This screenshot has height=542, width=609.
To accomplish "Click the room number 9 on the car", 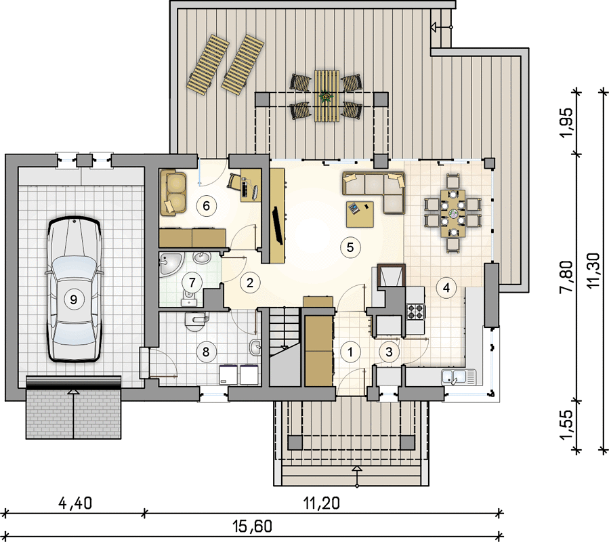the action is coord(73,299).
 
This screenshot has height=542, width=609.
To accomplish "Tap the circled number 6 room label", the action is coord(206,205).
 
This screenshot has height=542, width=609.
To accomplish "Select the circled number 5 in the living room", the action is coord(350,247).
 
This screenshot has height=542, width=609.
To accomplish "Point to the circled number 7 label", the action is coord(192,283).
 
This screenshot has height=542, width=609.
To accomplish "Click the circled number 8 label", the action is coord(206,352).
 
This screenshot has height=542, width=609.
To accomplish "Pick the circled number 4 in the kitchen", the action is coord(446,287).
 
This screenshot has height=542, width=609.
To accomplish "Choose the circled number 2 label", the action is coord(250,283).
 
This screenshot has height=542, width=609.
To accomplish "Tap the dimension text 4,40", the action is coord(75,503).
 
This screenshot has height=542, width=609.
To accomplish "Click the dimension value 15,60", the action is coord(253,526).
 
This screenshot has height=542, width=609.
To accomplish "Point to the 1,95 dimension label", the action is coord(566,122).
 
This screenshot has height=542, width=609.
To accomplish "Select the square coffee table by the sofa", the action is coord(360,213).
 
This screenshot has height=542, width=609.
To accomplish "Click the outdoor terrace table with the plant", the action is coord(327,96).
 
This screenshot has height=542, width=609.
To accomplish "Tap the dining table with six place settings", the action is coord(453,213).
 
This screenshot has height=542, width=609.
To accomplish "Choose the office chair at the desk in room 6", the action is coord(234,181).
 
